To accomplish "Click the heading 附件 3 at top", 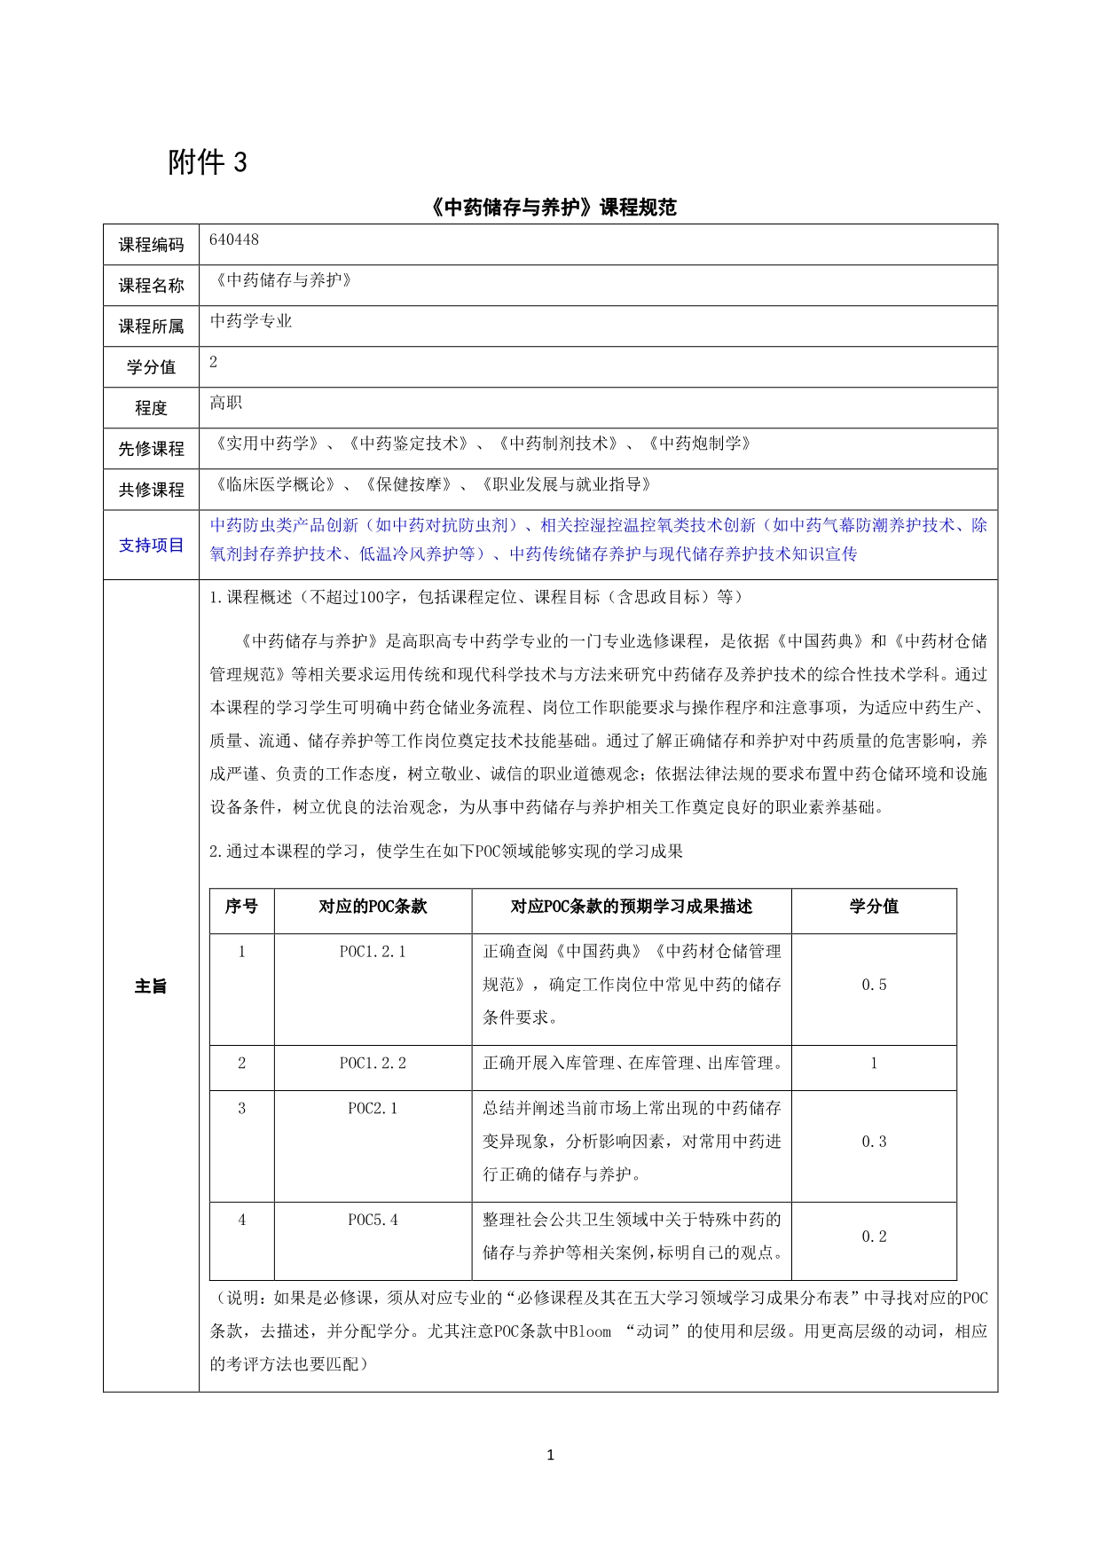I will coord(208,162).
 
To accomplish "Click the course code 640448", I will coord(234,240).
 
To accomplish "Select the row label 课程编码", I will coord(151,245).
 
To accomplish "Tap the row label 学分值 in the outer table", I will coord(151,367).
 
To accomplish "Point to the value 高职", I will coord(226,403).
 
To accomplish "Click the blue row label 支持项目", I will coord(151,545).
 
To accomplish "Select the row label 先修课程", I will coord(151,449).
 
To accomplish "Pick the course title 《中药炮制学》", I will coord(700,444).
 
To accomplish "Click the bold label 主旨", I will coord(151,986).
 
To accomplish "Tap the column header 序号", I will coord(241,907).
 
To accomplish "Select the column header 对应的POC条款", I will coord(373,907).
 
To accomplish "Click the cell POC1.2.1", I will coord(373,952).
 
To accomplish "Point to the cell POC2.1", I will coord(373,1109).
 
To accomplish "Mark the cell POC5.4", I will coord(373,1221).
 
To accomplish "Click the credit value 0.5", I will coord(874,986).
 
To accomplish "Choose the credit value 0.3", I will coord(874,1143).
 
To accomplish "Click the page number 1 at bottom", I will coord(550,1455).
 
